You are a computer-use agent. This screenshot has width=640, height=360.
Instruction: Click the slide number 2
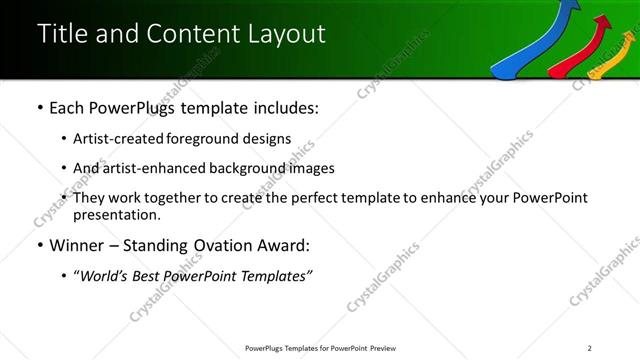click(x=590, y=348)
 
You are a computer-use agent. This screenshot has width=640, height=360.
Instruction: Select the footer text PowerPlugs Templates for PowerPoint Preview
click(x=319, y=348)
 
